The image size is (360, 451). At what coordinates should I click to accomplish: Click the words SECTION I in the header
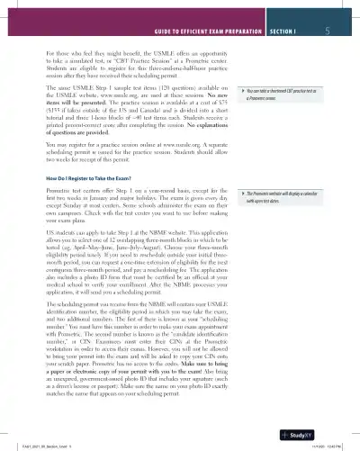(287, 30)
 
